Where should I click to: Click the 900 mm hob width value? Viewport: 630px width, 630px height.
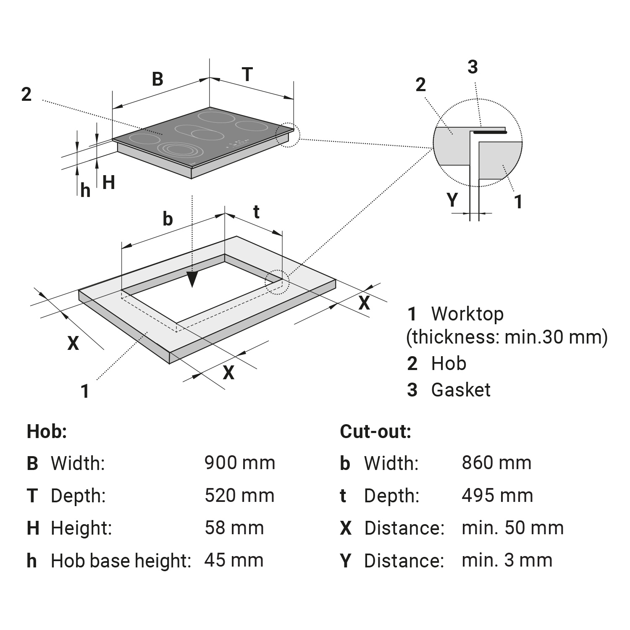click(x=240, y=463)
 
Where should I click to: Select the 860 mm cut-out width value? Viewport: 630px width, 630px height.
click(x=496, y=463)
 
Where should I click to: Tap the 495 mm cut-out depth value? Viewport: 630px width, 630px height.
click(x=497, y=496)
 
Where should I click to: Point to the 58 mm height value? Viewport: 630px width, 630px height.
click(x=234, y=528)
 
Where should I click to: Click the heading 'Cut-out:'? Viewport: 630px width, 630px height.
click(x=375, y=431)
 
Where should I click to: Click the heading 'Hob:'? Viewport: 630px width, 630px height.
click(x=47, y=431)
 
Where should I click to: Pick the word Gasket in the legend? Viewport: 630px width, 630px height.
click(x=461, y=390)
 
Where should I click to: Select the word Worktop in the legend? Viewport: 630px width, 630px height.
click(x=467, y=314)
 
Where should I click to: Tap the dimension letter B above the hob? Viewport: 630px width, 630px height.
click(x=157, y=79)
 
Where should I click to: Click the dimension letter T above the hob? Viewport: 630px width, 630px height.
click(x=247, y=74)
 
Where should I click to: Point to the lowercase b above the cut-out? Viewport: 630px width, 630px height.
click(x=168, y=218)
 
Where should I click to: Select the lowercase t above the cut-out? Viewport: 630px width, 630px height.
click(x=256, y=212)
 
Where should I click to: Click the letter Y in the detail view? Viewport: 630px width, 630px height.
click(x=452, y=200)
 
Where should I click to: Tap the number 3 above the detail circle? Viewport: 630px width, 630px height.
click(x=472, y=67)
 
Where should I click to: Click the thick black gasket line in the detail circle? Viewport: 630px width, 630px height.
click(x=490, y=132)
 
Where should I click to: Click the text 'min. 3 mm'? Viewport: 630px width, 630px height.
click(x=507, y=560)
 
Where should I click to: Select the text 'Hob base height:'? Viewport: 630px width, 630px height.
click(x=121, y=561)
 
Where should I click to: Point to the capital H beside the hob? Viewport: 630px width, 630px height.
click(x=108, y=183)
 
